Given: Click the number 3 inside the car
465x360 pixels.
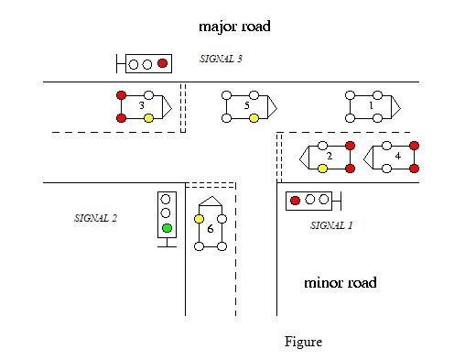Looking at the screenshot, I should [141, 106].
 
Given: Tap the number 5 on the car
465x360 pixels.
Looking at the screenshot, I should [246, 106].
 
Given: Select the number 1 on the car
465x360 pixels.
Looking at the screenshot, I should [370, 106].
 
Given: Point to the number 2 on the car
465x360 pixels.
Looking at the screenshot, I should [329, 157].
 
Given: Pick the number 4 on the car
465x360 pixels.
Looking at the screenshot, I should [396, 157].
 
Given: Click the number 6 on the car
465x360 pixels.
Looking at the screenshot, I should [211, 229].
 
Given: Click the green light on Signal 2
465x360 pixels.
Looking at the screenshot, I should [167, 228].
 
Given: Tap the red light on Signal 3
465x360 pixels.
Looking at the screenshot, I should [163, 63].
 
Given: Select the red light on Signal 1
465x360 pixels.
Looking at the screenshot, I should [296, 200].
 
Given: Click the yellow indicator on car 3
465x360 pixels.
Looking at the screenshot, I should [149, 118].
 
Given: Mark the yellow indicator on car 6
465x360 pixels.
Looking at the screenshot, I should [199, 218].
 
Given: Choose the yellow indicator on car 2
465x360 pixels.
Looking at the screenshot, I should [322, 169].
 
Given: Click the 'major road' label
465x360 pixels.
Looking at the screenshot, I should [234, 27].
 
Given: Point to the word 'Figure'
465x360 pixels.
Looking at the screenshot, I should [303, 342].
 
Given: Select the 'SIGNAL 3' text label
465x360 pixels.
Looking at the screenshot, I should [221, 59].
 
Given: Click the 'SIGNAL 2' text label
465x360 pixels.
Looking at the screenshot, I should [95, 218].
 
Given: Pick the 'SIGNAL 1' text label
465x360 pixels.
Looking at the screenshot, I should [331, 224].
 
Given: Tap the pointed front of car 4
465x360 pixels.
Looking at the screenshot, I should [367, 157].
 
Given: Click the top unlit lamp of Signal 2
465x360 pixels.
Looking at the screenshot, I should [167, 198].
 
